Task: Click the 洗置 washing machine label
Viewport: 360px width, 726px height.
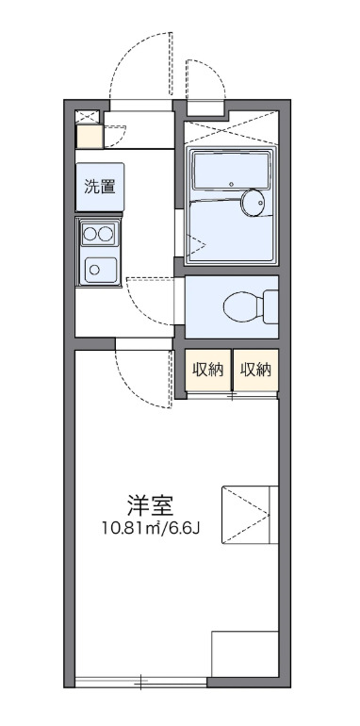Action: click(99, 186)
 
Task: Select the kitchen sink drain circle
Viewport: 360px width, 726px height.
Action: click(95, 269)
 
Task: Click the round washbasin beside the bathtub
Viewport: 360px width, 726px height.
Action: click(253, 202)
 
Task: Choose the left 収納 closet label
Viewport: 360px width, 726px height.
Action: click(208, 370)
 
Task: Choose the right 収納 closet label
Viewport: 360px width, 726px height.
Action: click(255, 370)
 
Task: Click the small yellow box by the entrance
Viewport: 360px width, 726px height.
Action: click(89, 137)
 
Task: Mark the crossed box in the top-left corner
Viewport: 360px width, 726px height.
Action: click(88, 116)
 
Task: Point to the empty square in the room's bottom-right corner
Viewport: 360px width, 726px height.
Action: click(244, 654)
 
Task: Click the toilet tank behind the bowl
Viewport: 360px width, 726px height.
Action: click(270, 305)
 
